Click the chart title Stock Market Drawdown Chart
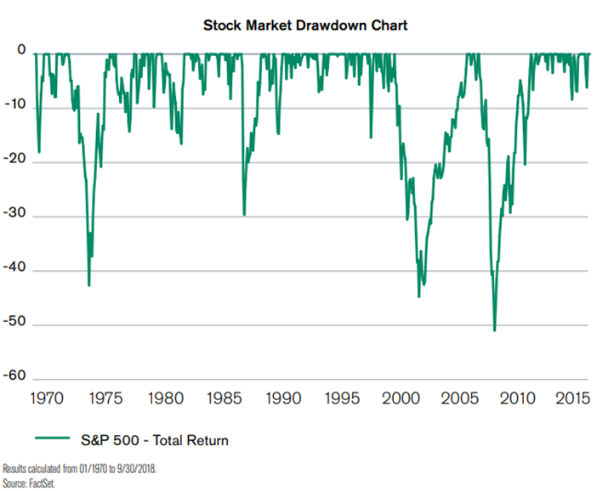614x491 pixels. pyautogui.click(x=305, y=25)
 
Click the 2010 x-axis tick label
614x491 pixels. pyautogui.click(x=520, y=398)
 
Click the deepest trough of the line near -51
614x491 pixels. pyautogui.click(x=494, y=330)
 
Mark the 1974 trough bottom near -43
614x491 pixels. pyautogui.click(x=88, y=285)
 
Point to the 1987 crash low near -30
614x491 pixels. pyautogui.click(x=244, y=215)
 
